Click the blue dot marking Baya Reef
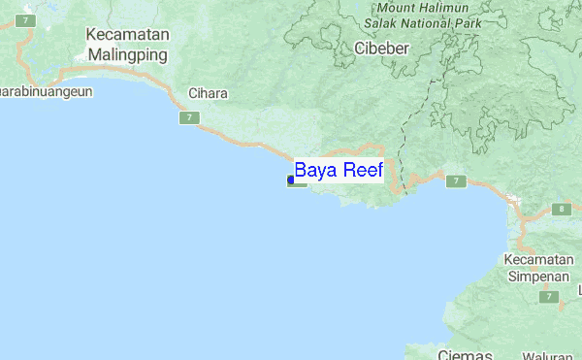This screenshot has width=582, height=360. [291, 180]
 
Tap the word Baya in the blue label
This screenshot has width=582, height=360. [314, 171]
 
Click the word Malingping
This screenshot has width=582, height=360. [128, 54]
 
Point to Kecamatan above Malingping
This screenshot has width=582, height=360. [128, 36]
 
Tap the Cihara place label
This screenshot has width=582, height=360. [208, 94]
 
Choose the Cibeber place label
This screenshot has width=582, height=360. [381, 48]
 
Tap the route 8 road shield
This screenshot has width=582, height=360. [561, 209]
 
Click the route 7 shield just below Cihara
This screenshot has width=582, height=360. [187, 117]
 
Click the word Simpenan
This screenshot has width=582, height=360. [535, 277]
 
